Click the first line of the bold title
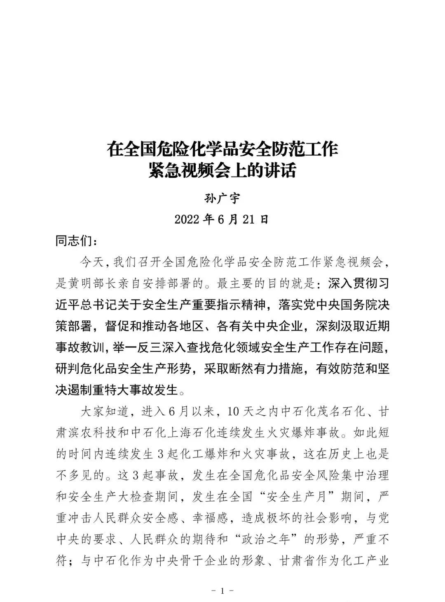point(222,149)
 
